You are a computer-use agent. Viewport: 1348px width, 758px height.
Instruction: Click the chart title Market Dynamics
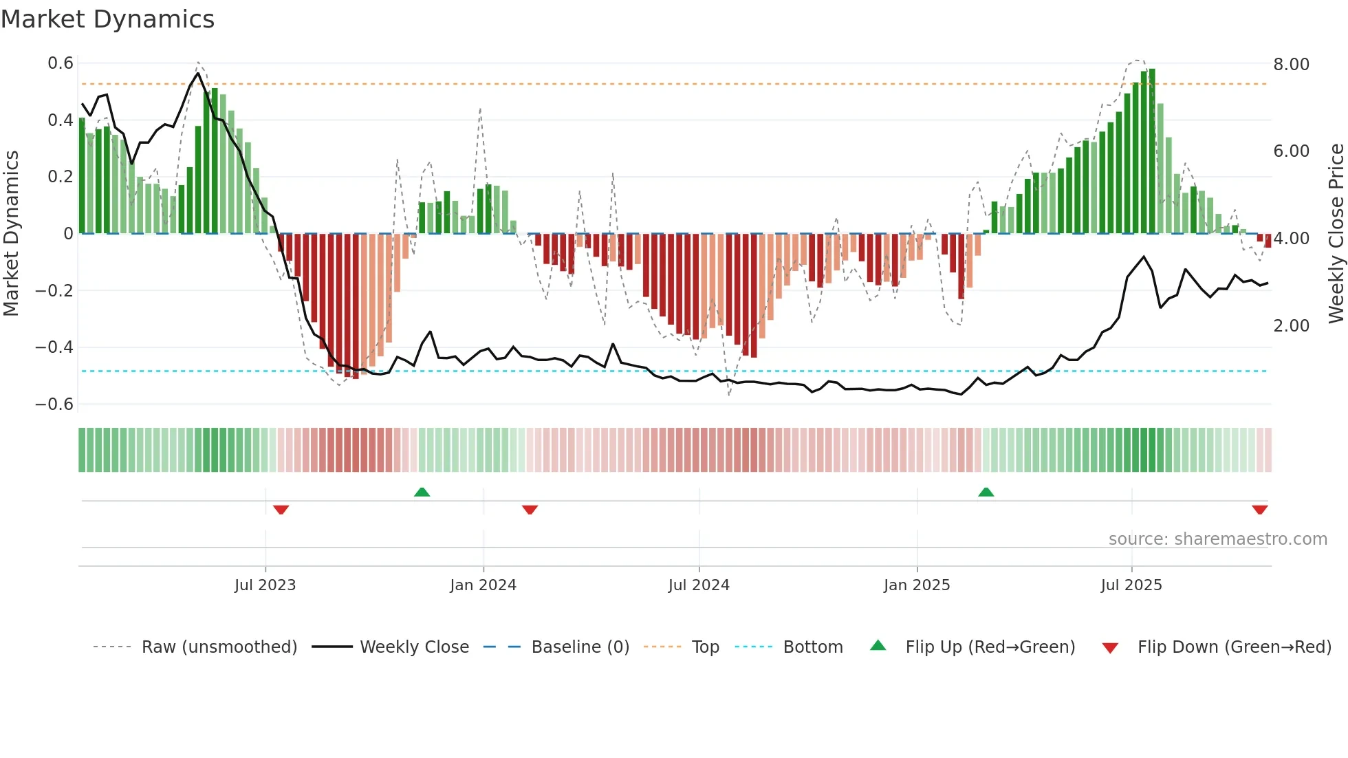point(107,19)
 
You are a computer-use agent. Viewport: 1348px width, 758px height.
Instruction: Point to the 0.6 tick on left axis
point(61,63)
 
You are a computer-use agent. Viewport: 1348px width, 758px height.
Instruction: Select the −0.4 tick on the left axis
point(54,347)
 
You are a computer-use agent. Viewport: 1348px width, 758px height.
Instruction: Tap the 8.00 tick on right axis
point(1291,64)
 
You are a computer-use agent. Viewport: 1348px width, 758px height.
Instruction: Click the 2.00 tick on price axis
point(1291,325)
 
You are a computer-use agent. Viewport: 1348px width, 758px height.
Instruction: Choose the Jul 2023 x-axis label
point(265,585)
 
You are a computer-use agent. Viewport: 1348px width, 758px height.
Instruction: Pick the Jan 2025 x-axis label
point(916,585)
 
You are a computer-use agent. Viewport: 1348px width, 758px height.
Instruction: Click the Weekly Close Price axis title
point(1336,233)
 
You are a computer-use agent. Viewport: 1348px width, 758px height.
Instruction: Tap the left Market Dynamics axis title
point(11,233)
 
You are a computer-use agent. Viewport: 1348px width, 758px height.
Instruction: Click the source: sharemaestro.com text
point(1217,539)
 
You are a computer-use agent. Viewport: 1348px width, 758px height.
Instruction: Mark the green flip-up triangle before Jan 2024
point(422,492)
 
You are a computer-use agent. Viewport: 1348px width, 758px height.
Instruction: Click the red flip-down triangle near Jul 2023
point(281,510)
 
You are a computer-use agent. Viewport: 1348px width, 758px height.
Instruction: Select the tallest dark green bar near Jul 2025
point(1152,151)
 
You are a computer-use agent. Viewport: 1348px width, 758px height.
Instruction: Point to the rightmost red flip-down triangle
point(1259,510)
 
